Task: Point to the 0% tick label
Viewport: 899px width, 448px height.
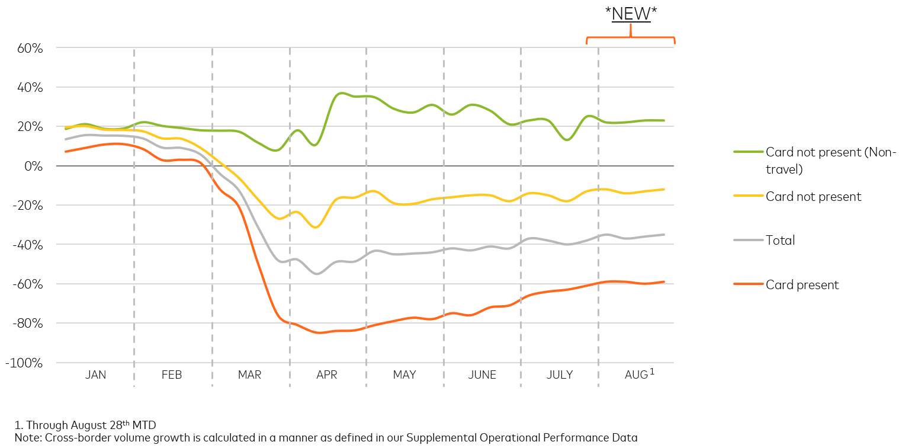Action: point(33,166)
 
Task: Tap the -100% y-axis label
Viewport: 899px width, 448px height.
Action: point(24,363)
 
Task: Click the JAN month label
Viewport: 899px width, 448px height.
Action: point(95,375)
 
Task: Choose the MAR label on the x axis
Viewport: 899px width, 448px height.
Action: point(249,375)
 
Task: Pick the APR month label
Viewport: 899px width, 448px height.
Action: point(327,375)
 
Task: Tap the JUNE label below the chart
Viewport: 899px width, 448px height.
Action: point(482,375)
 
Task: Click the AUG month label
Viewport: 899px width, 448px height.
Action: point(636,375)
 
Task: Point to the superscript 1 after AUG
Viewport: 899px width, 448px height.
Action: point(652,372)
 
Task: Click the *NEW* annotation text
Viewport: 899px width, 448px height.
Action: point(631,14)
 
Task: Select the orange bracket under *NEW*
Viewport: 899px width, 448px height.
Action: point(631,38)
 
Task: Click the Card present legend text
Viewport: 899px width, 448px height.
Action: point(802,285)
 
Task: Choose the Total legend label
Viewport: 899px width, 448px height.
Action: point(780,240)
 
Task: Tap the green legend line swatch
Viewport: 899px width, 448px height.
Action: point(747,152)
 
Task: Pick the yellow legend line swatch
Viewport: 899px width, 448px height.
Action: point(747,196)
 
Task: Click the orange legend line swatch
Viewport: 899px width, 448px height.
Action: point(747,284)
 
